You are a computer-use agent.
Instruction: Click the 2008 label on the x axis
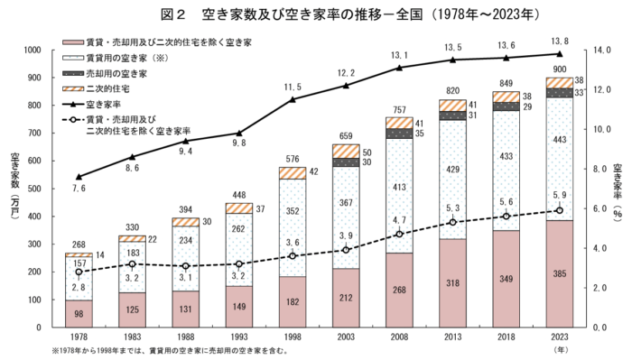tap(400, 337)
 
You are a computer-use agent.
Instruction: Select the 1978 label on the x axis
tap(79, 337)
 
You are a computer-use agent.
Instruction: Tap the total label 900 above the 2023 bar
tap(560, 69)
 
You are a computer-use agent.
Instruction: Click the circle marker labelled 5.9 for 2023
tap(560, 210)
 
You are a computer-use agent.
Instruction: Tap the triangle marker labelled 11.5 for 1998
tap(293, 99)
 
